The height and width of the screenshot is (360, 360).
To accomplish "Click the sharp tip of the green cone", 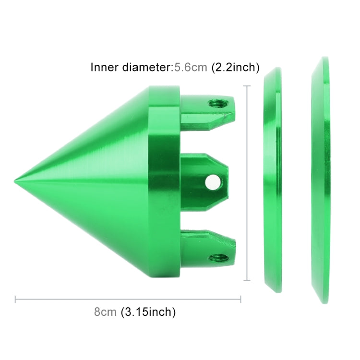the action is [14, 181].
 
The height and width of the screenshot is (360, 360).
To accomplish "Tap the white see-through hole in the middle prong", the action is [213, 181].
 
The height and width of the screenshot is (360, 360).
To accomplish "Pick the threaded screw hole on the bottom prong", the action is [219, 258].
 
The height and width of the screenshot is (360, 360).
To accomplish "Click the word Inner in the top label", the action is [105, 67].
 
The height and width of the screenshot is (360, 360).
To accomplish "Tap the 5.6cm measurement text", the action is [191, 67].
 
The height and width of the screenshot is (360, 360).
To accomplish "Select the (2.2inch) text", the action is [235, 68].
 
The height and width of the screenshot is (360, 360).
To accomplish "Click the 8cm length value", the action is [105, 312].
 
